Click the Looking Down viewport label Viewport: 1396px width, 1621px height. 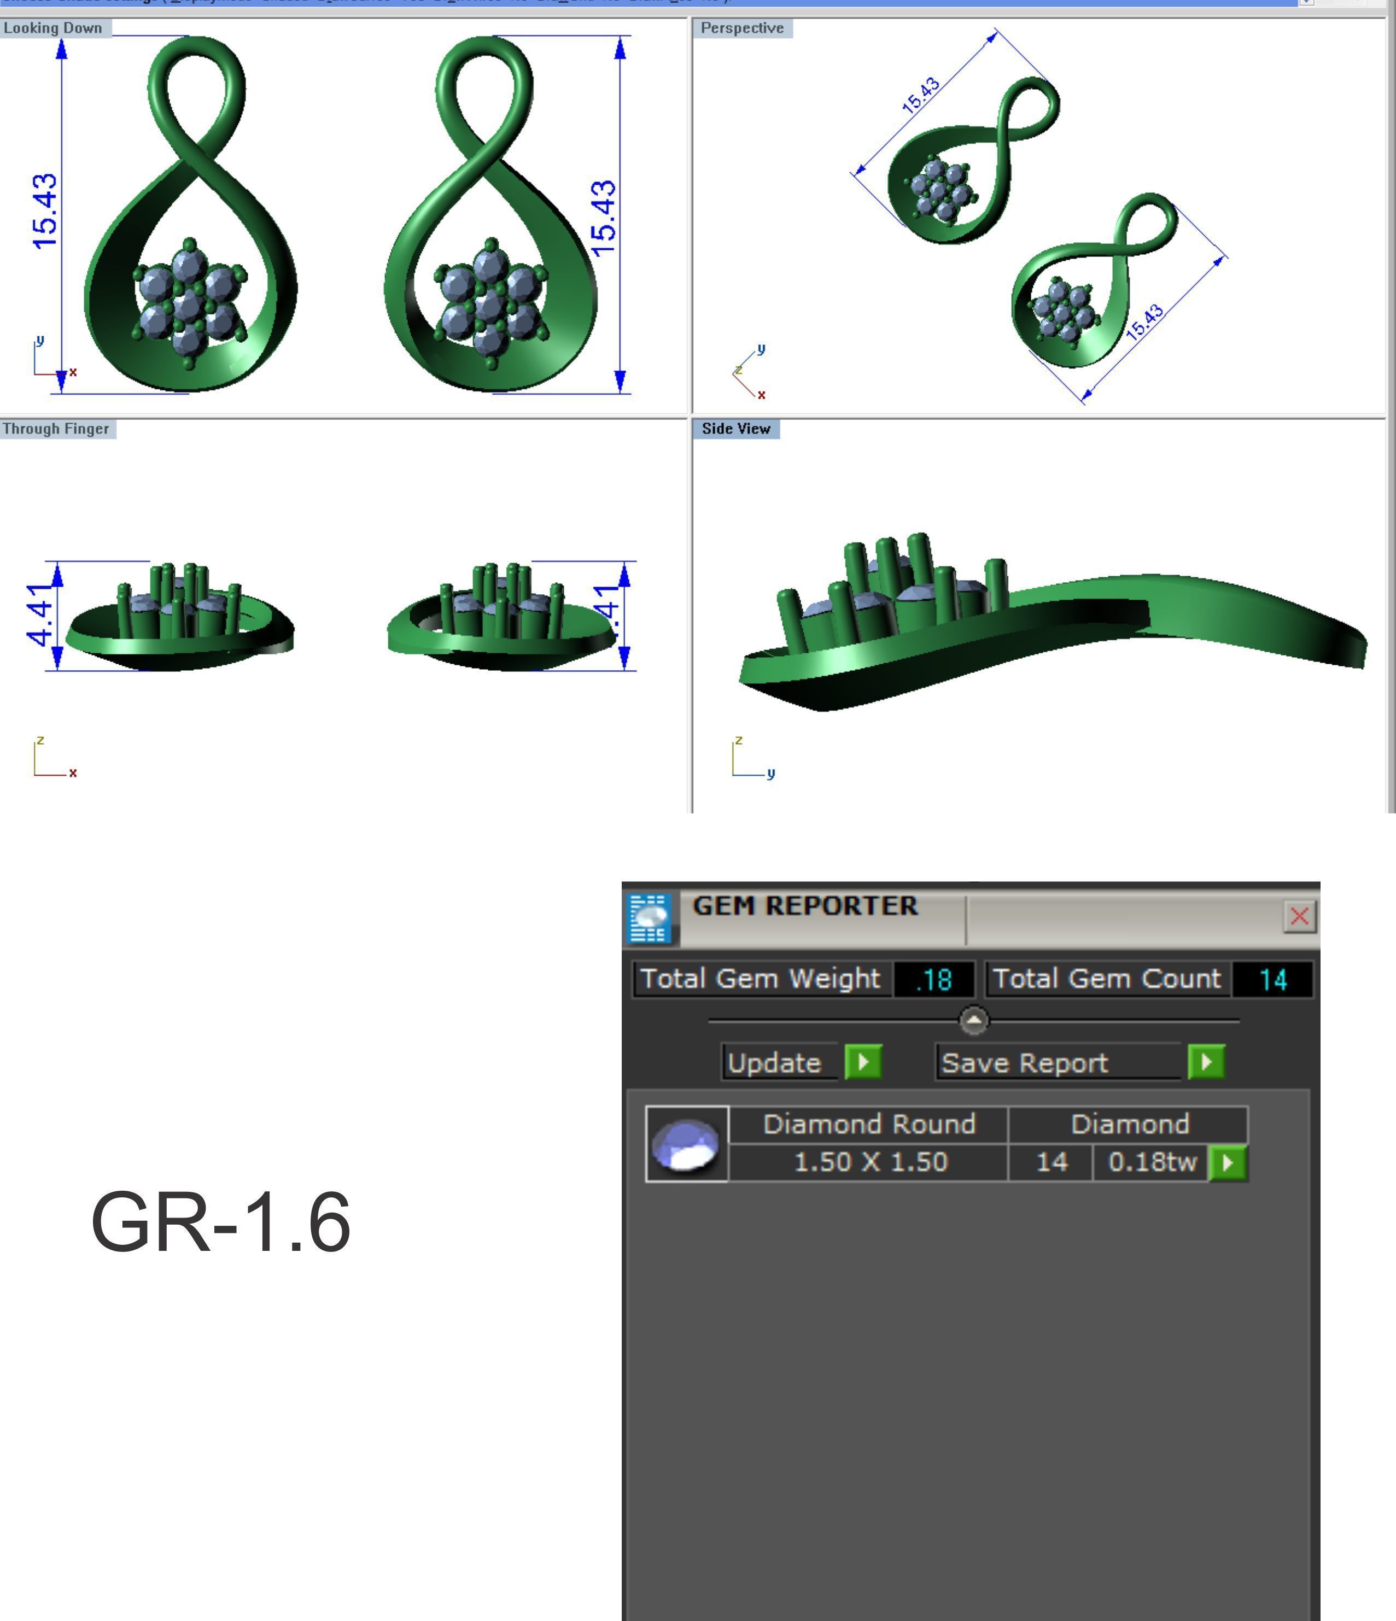[53, 28]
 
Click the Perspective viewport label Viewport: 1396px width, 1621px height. [742, 28]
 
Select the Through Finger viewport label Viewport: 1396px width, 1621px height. [56, 429]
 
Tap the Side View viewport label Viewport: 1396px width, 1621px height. [735, 429]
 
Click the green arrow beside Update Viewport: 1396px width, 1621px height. [863, 1062]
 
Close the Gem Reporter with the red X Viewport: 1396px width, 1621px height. [1299, 916]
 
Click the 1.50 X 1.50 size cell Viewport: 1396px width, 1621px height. [870, 1162]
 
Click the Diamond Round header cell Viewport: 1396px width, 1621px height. [868, 1124]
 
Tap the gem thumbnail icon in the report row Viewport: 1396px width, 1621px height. [686, 1144]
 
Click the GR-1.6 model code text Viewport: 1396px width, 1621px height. [221, 1222]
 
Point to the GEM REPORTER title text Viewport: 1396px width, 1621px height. [804, 906]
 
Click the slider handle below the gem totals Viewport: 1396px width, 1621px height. [973, 1020]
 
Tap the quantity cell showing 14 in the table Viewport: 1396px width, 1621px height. [1051, 1162]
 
